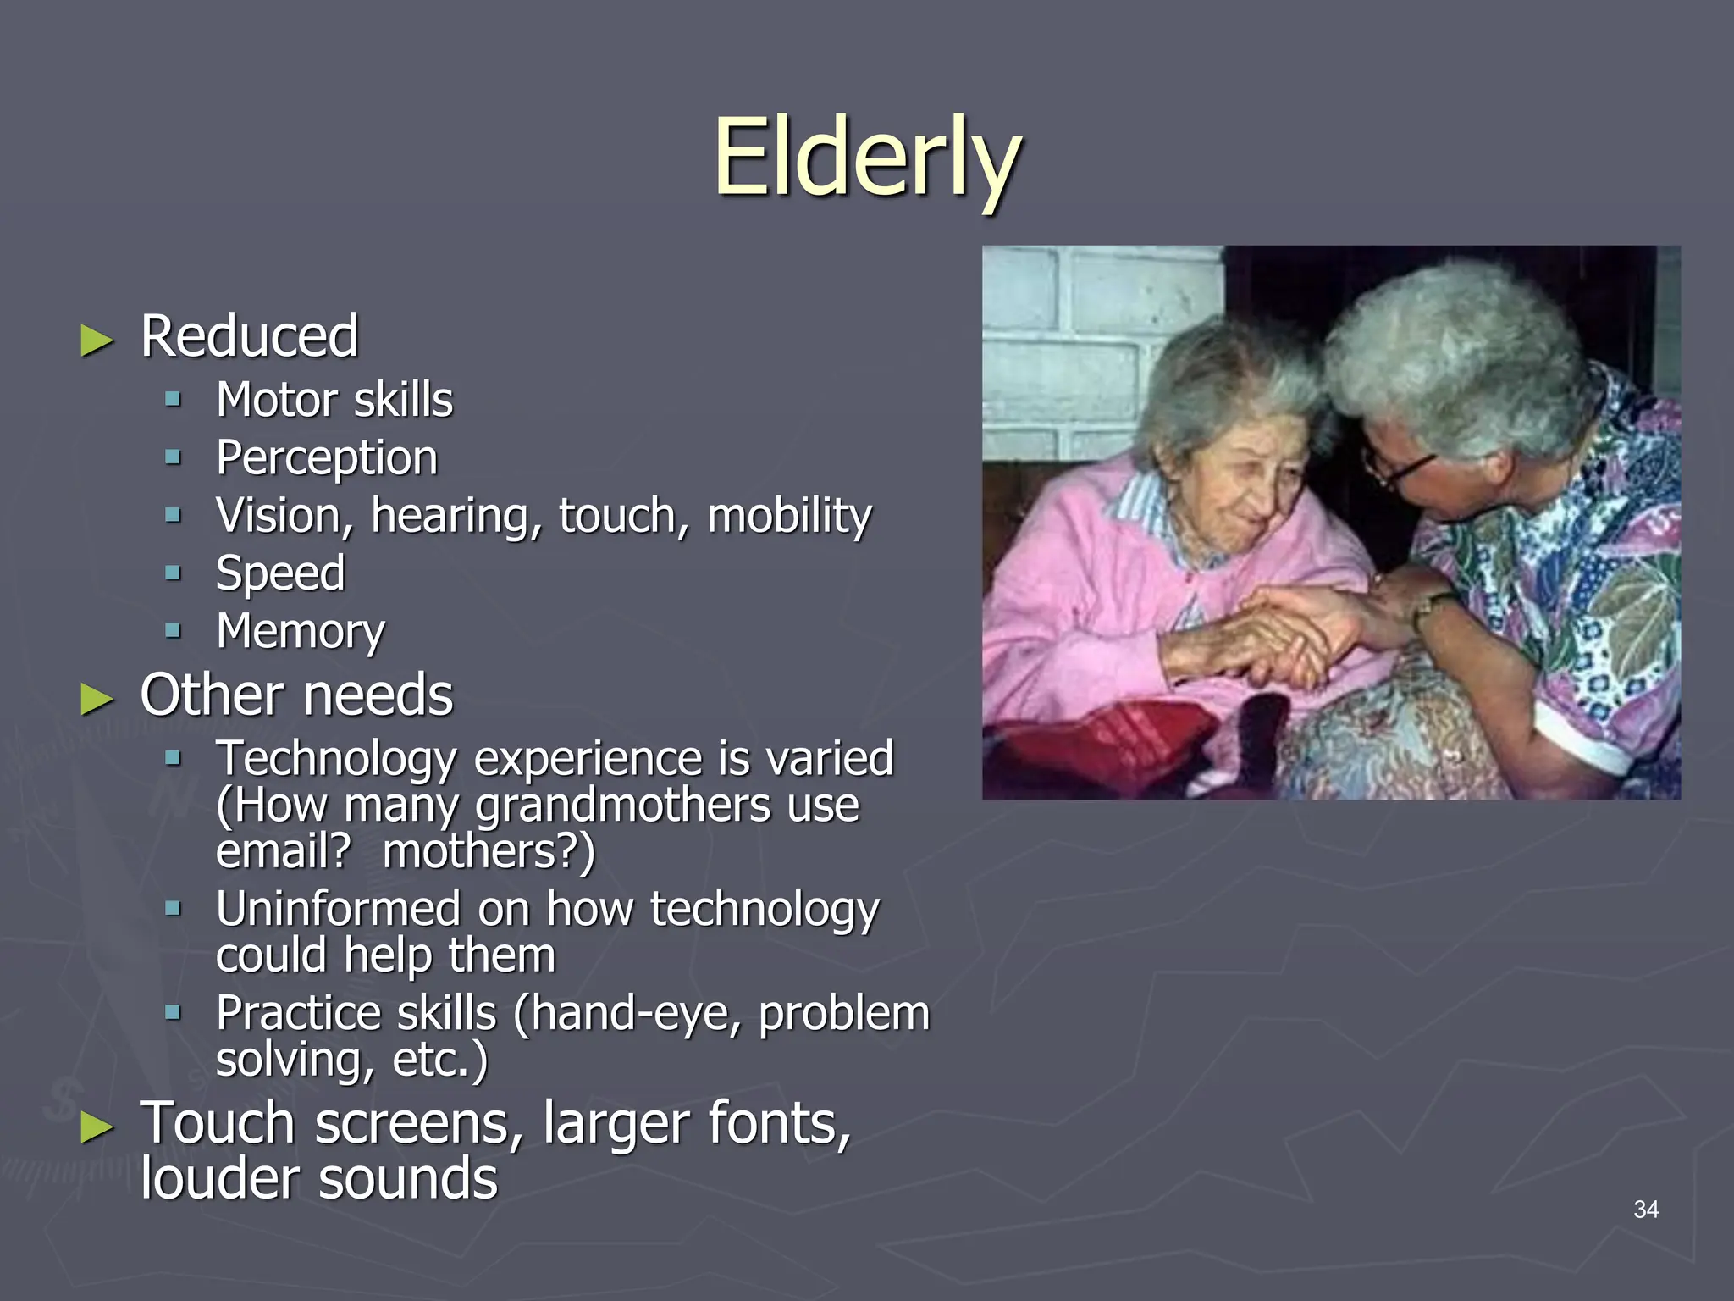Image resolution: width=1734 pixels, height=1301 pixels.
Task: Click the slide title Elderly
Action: tap(867, 158)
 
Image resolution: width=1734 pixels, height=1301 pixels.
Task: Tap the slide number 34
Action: tap(1645, 1210)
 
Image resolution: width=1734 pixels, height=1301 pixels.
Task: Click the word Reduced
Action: tap(249, 336)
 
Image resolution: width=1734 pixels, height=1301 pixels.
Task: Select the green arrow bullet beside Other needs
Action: tap(97, 699)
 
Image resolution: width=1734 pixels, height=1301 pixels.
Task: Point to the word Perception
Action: tap(327, 458)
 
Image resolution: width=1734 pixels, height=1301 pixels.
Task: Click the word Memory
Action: tap(300, 632)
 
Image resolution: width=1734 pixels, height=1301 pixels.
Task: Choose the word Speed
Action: tap(280, 574)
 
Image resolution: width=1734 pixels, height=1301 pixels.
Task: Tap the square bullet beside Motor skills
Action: tap(174, 399)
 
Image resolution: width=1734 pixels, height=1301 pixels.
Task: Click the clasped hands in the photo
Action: tap(1287, 631)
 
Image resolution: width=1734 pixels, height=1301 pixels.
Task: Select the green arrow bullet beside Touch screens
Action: tap(97, 1127)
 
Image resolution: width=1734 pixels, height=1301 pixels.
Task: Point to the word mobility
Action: tap(789, 516)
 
